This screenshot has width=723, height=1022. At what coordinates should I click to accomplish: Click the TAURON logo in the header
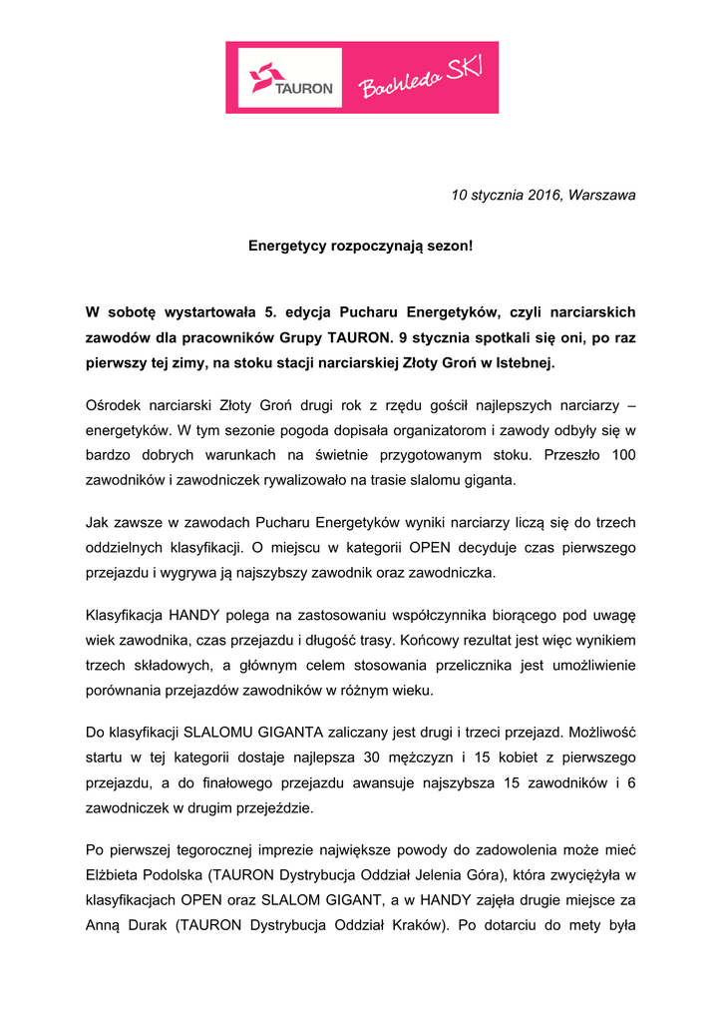click(x=290, y=78)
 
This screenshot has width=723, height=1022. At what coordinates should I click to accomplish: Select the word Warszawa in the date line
click(x=602, y=196)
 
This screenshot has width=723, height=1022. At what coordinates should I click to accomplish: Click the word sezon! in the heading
click(x=449, y=245)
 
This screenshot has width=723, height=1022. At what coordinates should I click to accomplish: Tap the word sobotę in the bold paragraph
click(x=138, y=312)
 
